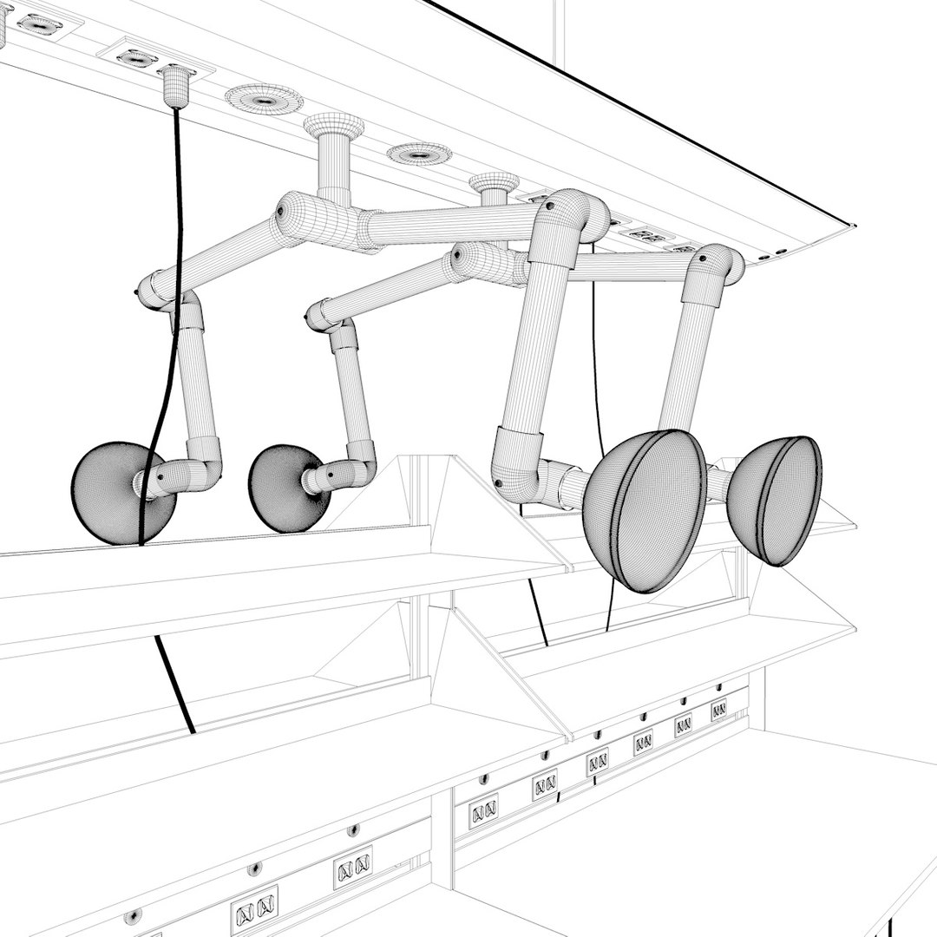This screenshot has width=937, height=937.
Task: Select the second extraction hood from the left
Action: coord(282,488)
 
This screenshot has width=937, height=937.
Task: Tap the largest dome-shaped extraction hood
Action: coord(644,510)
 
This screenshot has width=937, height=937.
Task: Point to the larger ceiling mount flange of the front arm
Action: coord(333,127)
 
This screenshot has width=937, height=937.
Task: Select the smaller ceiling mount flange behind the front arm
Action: coord(494,184)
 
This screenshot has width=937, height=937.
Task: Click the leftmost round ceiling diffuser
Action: coord(264,99)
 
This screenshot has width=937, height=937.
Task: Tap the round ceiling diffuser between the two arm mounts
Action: coord(419,154)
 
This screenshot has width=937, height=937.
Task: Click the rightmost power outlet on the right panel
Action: coord(718,710)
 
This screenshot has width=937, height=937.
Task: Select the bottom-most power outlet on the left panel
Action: coord(254,910)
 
